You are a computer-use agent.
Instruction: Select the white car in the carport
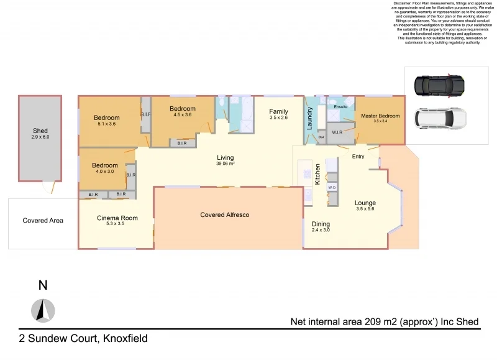(439, 117)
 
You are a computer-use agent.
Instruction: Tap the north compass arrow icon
(43, 310)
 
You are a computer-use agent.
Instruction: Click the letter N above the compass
(43, 286)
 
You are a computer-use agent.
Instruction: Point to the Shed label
(40, 131)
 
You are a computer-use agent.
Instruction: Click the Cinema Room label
(117, 218)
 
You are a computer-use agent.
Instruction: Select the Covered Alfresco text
(224, 215)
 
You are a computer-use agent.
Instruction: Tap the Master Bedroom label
(380, 116)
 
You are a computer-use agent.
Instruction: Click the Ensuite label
(340, 107)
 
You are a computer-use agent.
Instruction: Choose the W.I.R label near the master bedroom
(337, 132)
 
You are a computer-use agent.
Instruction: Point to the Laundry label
(309, 118)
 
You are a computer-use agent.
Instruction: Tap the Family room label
(278, 111)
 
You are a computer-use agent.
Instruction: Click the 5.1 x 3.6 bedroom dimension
(106, 124)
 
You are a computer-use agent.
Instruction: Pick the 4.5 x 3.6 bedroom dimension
(183, 115)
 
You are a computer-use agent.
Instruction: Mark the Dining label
(321, 224)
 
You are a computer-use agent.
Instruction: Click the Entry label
(358, 156)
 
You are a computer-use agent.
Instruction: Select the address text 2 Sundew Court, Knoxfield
(83, 339)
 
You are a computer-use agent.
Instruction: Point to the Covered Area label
(43, 220)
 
